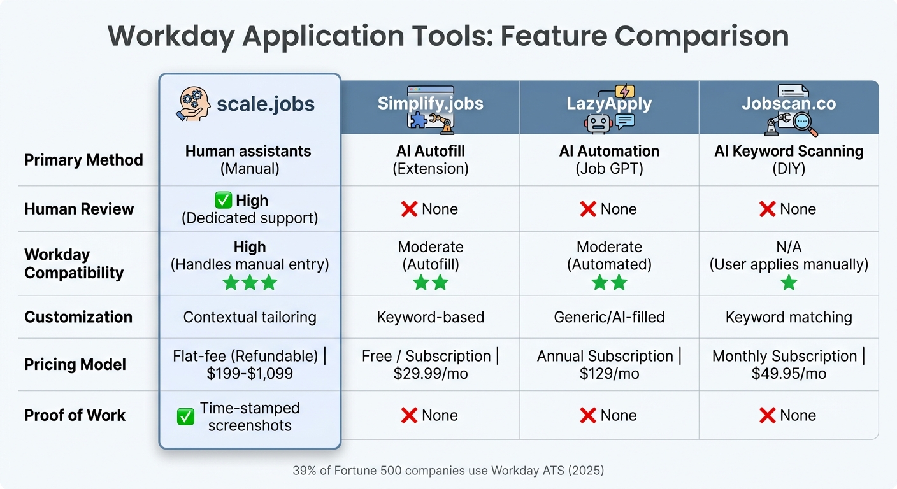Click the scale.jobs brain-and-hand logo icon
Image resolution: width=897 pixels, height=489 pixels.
pos(192,104)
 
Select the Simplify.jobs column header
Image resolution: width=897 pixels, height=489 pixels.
pos(430,103)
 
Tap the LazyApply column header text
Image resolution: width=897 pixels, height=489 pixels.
pos(608,103)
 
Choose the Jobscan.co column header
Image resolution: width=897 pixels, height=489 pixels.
pos(789,103)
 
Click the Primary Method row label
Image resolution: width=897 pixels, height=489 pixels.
pos(83,160)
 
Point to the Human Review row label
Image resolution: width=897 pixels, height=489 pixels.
pos(79,209)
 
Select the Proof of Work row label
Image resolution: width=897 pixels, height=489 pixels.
pos(75,415)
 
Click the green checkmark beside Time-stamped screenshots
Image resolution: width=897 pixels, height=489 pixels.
pos(185,417)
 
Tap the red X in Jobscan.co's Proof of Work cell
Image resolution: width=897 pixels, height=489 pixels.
pos(767,416)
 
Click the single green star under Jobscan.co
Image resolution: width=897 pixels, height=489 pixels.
pos(789,283)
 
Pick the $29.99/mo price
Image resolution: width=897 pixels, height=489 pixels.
pos(431,374)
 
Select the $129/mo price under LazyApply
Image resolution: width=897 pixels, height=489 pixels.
pos(609,374)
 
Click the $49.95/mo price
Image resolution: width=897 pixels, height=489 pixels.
pos(789,374)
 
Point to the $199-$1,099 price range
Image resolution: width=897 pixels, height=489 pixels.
pos(250,374)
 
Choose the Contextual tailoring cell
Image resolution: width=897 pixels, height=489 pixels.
pos(250,317)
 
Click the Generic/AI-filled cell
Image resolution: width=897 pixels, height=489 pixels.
pos(609,317)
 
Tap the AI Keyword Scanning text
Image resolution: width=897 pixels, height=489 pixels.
pos(789,152)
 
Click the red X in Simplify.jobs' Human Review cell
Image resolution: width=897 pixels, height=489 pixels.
pos(409,209)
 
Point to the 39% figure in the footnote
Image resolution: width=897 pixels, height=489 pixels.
pos(303,471)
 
